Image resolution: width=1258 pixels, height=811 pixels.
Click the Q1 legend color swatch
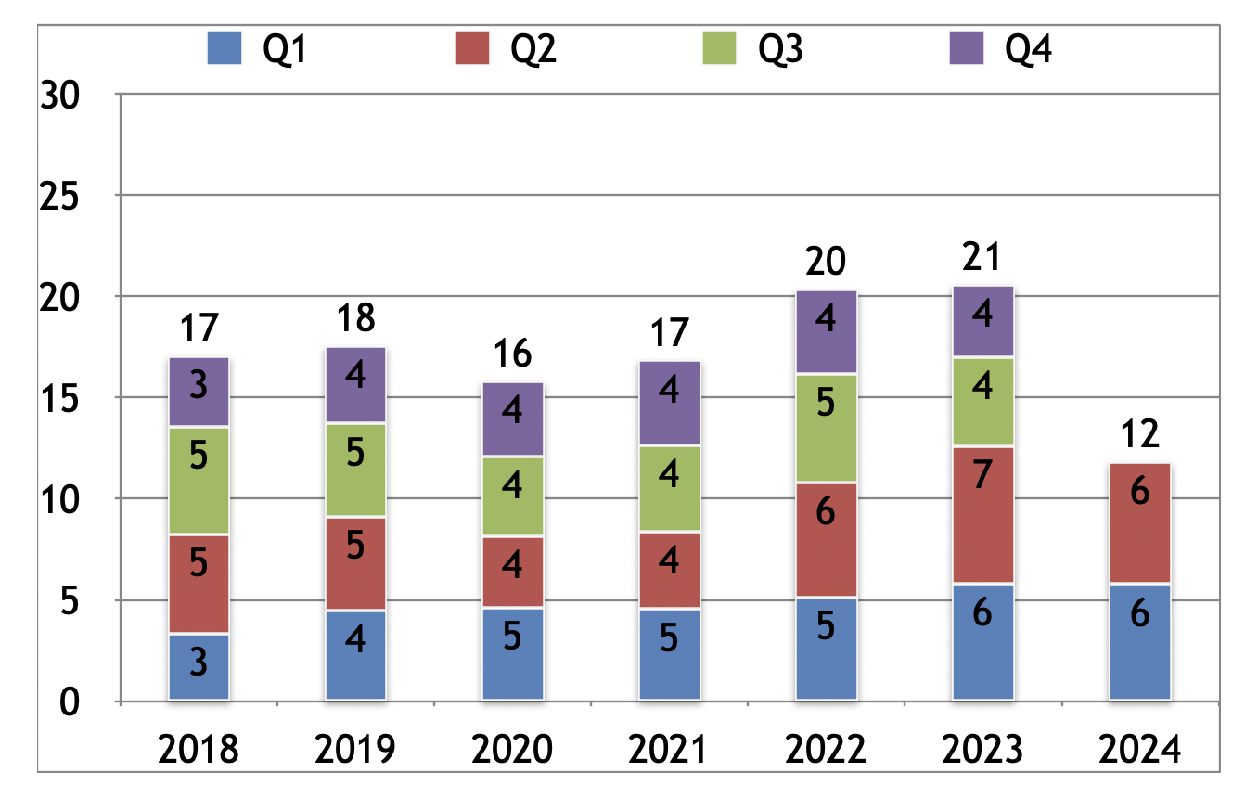tap(225, 48)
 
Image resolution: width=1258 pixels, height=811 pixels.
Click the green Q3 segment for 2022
tap(826, 429)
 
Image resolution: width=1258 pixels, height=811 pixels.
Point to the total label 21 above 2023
tap(982, 258)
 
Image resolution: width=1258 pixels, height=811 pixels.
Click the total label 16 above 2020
tap(512, 354)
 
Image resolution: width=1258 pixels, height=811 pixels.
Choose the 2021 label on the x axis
tap(669, 748)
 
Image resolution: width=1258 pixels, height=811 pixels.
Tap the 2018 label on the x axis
tap(199, 748)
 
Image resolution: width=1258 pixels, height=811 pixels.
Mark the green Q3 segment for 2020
tap(512, 496)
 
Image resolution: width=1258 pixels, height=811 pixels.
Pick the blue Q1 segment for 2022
tap(826, 649)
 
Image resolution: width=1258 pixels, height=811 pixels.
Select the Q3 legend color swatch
tap(718, 48)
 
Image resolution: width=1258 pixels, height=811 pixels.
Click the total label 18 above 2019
tap(355, 317)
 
